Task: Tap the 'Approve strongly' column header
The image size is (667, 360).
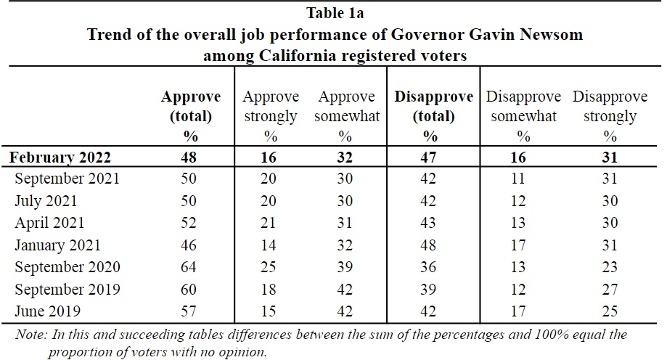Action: point(270,106)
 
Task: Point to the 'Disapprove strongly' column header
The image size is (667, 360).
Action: point(610,106)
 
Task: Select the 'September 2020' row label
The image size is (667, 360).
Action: point(67,267)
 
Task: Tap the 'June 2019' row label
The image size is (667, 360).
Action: point(47,311)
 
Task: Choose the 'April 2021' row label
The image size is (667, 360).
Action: point(49,223)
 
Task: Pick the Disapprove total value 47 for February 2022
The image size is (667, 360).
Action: point(430,157)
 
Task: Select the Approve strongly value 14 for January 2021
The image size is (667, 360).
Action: point(270,245)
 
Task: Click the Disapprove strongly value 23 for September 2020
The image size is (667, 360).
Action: point(610,267)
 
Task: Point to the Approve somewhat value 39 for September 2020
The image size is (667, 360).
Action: point(345,267)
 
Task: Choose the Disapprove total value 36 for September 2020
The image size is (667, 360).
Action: point(430,267)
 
